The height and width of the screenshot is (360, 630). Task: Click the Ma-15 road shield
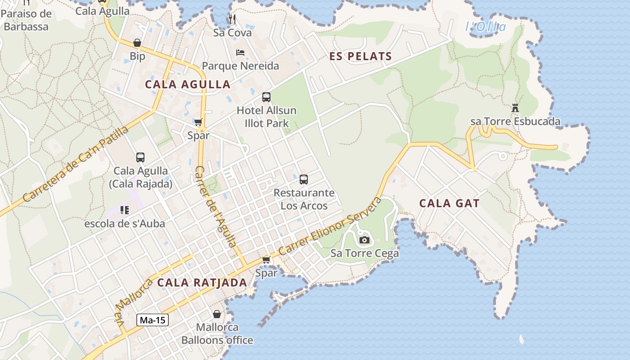tap(153, 320)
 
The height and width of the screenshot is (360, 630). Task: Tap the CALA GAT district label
tap(449, 203)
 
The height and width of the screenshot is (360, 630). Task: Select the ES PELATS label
tap(360, 57)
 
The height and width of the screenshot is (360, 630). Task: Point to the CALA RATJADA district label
tap(202, 283)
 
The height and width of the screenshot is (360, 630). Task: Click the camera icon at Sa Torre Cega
tap(364, 240)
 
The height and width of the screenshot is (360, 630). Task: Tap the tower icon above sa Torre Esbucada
tap(515, 108)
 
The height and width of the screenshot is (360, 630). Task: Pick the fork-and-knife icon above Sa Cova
tap(232, 19)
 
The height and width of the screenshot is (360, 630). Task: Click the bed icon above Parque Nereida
tap(240, 53)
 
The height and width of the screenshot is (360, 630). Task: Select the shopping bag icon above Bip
tap(137, 43)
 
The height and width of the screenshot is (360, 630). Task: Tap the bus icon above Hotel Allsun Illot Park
tap(266, 97)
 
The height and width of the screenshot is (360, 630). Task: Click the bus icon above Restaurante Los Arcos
tap(304, 180)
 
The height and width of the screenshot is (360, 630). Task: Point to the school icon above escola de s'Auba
tap(125, 210)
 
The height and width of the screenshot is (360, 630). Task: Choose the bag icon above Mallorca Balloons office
tap(217, 314)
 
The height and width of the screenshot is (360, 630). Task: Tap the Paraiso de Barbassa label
tap(26, 20)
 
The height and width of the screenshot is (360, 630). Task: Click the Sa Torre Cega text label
tap(364, 253)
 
